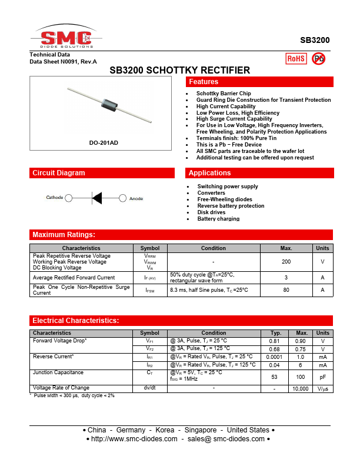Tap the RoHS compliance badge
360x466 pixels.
coord(296,58)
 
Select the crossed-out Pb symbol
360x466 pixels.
coord(318,58)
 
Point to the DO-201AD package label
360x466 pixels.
coord(103,143)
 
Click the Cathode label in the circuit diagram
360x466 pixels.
coord(55,198)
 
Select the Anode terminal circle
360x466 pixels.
coord(123,198)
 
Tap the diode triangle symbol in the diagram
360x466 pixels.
coord(96,198)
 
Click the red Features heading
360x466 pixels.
coord(203,82)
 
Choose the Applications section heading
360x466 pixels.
coord(209,173)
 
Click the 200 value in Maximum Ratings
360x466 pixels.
coord(286,262)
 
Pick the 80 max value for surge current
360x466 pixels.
coord(286,290)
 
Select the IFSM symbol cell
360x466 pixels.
coord(150,290)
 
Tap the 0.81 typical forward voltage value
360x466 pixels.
coord(274,341)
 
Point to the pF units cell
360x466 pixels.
coord(322,377)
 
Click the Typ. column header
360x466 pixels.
coord(275,333)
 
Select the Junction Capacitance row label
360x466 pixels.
coord(58,372)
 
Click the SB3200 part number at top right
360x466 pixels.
coord(315,41)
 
